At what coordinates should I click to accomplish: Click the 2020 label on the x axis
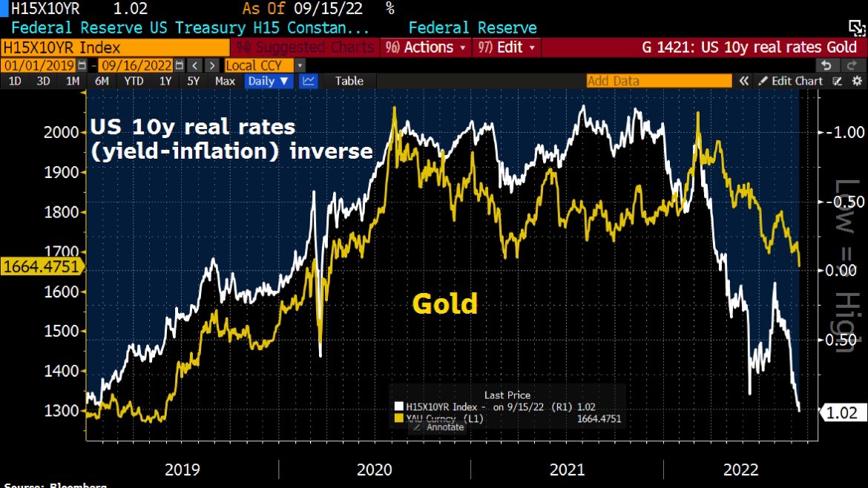(375, 469)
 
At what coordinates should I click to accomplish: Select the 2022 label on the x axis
(740, 469)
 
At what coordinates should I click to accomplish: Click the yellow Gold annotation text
(444, 303)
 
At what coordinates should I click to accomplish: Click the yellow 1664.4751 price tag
(40, 266)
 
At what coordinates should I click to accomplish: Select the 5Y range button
(193, 81)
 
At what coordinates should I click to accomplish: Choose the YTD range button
(134, 81)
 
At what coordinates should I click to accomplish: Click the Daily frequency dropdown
(269, 81)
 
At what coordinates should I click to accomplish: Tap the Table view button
(349, 81)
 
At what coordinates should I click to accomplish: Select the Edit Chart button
(790, 81)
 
